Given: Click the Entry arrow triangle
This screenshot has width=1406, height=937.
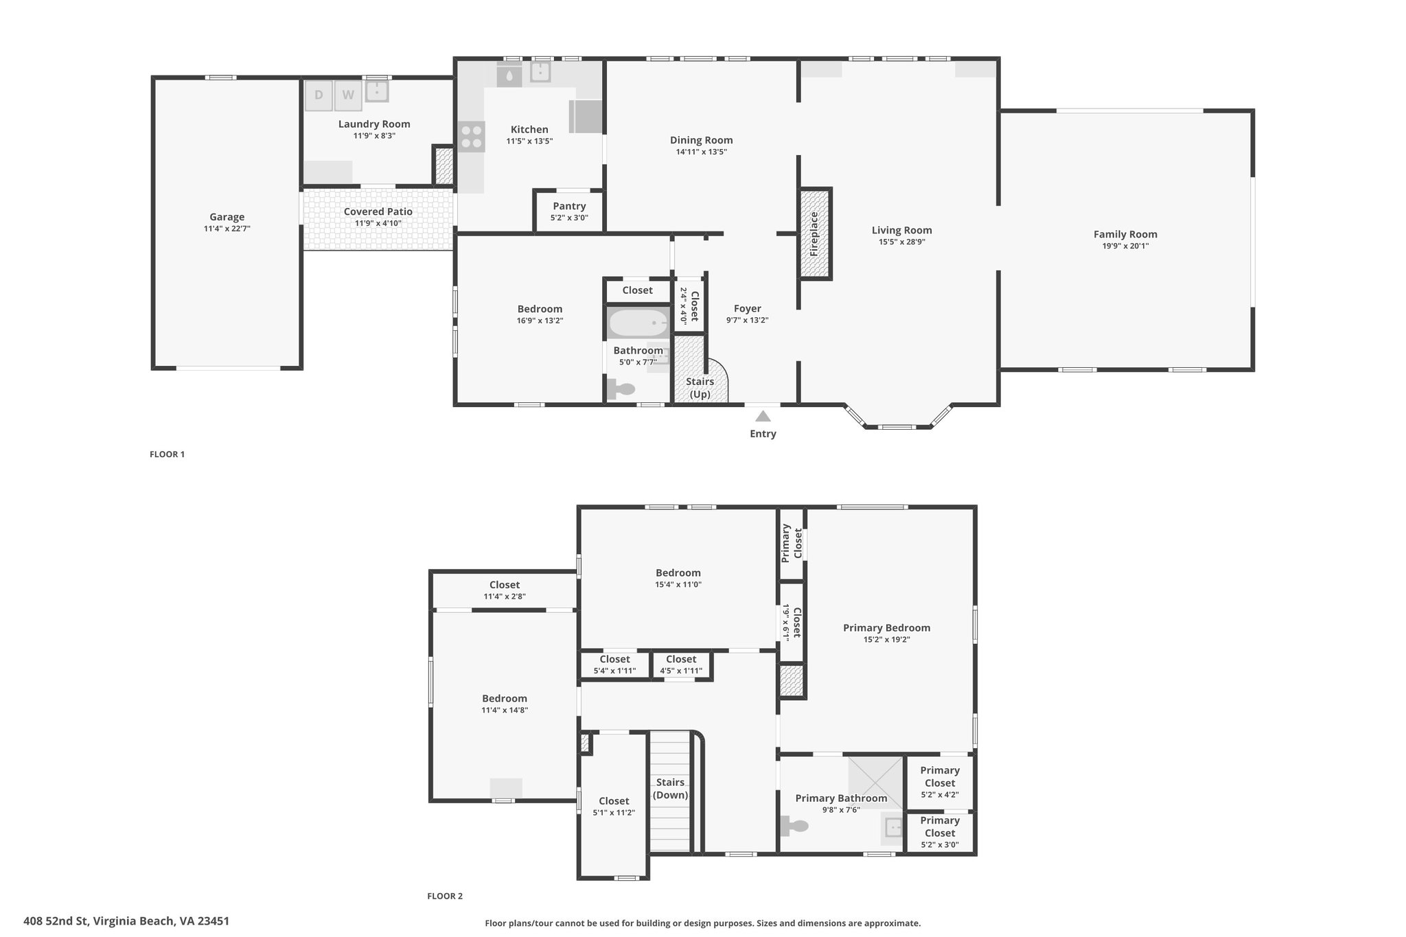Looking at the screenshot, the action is pyautogui.click(x=763, y=416).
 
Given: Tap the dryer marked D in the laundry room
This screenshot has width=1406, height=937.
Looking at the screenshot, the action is pyautogui.click(x=319, y=95).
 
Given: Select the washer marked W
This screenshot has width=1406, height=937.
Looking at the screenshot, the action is pyautogui.click(x=348, y=95).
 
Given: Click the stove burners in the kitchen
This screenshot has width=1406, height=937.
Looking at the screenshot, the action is pyautogui.click(x=472, y=136).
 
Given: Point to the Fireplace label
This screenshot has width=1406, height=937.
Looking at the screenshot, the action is pyautogui.click(x=814, y=233).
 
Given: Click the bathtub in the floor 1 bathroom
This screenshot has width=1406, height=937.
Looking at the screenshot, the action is pyautogui.click(x=638, y=322).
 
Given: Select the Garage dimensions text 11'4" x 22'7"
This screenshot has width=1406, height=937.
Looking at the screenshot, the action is pyautogui.click(x=227, y=229).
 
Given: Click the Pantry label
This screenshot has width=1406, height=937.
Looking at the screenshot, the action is pyautogui.click(x=570, y=206).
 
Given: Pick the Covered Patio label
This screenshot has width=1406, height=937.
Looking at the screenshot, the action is pyautogui.click(x=378, y=211).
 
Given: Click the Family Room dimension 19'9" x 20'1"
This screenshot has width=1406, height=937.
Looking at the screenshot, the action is pyautogui.click(x=1125, y=246).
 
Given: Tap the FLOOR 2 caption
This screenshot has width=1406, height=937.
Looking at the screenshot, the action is pyautogui.click(x=445, y=896).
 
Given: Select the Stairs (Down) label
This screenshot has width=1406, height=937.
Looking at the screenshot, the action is pyautogui.click(x=670, y=789).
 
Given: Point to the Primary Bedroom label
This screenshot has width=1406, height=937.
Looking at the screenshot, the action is pyautogui.click(x=887, y=627).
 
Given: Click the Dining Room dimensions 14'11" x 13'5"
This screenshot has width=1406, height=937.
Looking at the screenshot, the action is pyautogui.click(x=702, y=152).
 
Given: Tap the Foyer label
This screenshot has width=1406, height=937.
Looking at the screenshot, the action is pyautogui.click(x=748, y=308).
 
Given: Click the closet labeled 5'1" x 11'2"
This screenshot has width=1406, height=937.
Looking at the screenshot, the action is pyautogui.click(x=614, y=807).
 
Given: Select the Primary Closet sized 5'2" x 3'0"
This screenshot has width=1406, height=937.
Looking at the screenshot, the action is pyautogui.click(x=940, y=833).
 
